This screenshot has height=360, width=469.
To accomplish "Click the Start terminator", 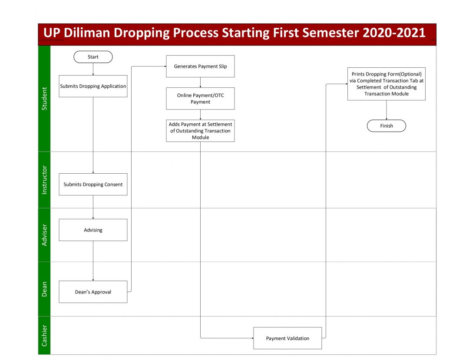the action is pos(93,57).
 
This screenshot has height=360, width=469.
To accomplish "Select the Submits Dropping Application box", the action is pos(93,86).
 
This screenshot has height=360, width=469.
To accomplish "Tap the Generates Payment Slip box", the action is pos(200,66).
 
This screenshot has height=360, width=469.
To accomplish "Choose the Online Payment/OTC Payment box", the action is pos(200,99).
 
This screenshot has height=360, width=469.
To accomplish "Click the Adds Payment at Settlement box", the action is pos(200,131).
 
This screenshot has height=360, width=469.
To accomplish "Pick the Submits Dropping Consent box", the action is pos(93,185).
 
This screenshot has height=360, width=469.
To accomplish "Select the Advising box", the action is pos(93,230).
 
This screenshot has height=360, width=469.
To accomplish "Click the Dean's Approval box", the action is pos(93,292).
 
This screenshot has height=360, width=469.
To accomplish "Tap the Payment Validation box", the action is pos(288,338).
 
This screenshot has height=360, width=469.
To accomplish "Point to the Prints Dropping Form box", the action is pos(386,84).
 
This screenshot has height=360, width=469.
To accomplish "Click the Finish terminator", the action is pos(386,126).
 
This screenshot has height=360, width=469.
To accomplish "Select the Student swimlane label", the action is pos(44,99).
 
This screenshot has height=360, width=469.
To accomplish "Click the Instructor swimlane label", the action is pos(44,180).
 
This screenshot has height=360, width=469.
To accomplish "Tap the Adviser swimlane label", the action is pos(44,235).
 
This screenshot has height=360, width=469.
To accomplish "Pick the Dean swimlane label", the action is pos(44,289).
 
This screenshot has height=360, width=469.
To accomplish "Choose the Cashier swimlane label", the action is pos(44,336).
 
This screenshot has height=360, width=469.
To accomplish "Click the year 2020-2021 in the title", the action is pos(394,33).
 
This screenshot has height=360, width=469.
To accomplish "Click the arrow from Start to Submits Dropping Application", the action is pos(93,69).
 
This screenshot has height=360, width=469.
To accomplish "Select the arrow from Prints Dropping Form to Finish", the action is pos(386,110).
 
